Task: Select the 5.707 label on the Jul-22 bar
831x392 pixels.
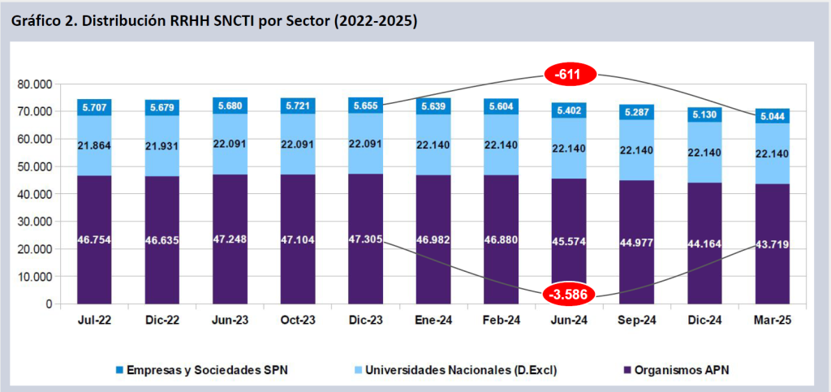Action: [94, 106]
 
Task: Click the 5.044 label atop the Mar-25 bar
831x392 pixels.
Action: [766, 117]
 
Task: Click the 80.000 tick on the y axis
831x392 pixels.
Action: [34, 84]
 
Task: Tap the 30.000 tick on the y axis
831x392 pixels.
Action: [34, 222]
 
